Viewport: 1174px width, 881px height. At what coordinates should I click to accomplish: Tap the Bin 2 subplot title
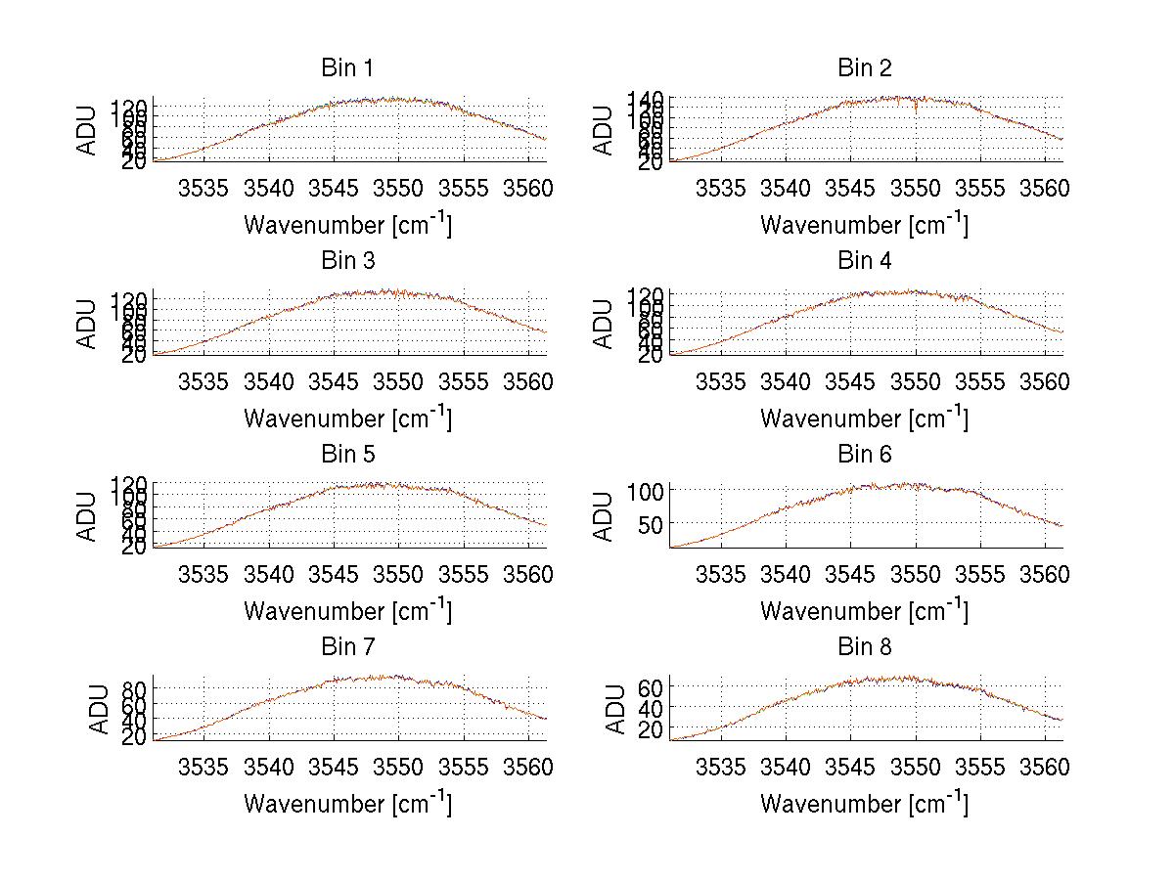pyautogui.click(x=864, y=68)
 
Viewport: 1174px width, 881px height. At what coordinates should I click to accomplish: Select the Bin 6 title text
pyautogui.click(x=864, y=455)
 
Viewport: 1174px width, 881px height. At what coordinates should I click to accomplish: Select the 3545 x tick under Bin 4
pyautogui.click(x=851, y=381)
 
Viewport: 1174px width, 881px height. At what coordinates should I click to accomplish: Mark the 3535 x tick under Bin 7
pyautogui.click(x=204, y=768)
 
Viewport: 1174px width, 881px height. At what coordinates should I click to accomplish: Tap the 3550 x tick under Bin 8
pyautogui.click(x=916, y=768)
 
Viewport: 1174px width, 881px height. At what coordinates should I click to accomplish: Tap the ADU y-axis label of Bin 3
pyautogui.click(x=88, y=324)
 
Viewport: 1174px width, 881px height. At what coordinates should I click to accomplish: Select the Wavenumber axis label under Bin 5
pyautogui.click(x=347, y=611)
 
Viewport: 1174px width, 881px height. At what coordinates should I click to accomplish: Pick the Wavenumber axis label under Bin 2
pyautogui.click(x=864, y=225)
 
